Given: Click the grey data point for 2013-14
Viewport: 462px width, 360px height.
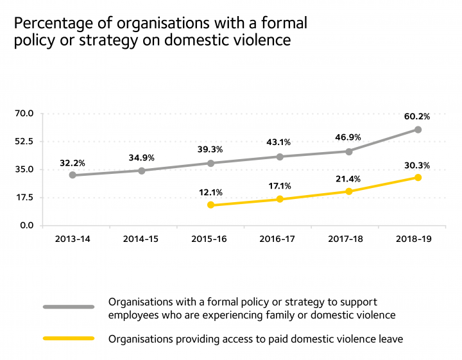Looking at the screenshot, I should [x=73, y=175].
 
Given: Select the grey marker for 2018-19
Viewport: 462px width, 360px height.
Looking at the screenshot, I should [x=418, y=130].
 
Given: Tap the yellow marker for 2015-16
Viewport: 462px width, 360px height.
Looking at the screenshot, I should [x=210, y=205].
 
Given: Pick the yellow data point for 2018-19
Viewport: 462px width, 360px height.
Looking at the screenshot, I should [x=418, y=177].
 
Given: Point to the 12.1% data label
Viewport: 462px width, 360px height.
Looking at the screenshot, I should [x=210, y=192].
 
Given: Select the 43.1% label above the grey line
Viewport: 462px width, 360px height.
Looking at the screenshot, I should [x=280, y=142].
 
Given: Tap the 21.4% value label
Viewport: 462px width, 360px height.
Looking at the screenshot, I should [x=348, y=178].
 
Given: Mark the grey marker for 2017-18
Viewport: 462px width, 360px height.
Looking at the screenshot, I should [x=348, y=151].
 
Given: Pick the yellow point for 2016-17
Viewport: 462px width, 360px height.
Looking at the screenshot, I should [x=280, y=199].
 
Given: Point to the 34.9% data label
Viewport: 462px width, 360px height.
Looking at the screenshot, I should [x=142, y=157].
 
